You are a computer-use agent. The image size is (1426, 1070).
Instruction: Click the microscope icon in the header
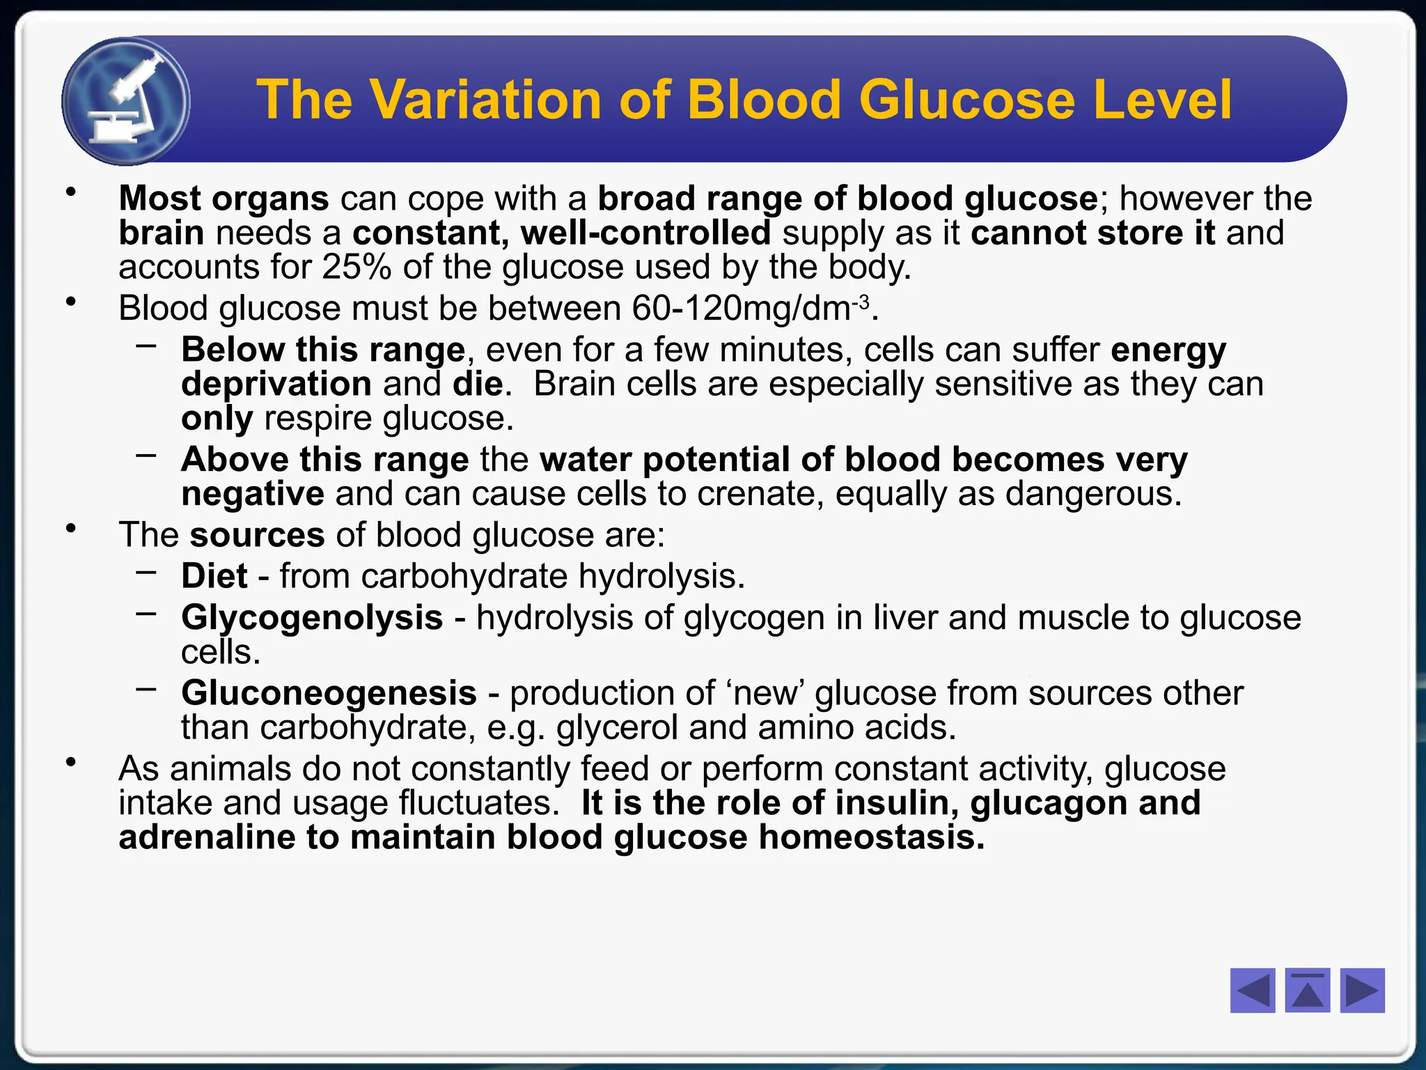coord(126,102)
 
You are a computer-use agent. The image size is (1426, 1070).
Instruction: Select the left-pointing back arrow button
coord(1253,990)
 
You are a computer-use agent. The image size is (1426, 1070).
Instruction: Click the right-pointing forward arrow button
coord(1362,990)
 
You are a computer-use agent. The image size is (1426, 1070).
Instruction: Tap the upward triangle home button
coord(1308,990)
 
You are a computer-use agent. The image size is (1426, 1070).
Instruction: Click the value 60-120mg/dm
coord(742,309)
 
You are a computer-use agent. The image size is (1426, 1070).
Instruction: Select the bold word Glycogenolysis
coord(312,618)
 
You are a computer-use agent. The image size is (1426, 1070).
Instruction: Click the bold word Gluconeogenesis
coord(329,693)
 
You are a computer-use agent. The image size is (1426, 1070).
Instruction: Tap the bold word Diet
coord(214,577)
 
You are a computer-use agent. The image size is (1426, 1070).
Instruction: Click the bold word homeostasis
coord(872,837)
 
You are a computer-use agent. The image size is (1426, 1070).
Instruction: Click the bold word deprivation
coord(276,385)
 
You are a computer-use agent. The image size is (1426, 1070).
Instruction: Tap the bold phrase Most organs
coord(224,199)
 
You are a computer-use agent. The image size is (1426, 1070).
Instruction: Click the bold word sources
coord(257,536)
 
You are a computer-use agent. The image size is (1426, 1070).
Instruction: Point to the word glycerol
coord(617,728)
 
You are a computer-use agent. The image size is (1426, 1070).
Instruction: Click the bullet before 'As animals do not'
coord(70,763)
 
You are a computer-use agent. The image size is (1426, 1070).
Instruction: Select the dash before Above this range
coord(146,456)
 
